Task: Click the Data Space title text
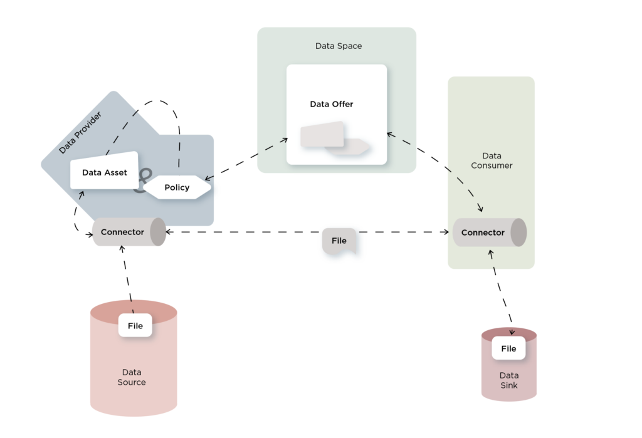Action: point(338,46)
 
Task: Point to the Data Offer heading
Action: point(332,104)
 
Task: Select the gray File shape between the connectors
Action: point(339,241)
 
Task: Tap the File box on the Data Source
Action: point(135,325)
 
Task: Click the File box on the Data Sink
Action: point(508,348)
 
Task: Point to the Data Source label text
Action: point(132,377)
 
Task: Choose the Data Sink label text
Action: point(508,380)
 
